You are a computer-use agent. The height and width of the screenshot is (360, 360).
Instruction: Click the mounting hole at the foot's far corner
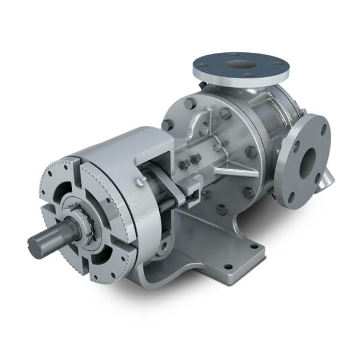point(254,245)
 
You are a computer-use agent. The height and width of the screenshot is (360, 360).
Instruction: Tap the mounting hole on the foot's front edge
point(227,267)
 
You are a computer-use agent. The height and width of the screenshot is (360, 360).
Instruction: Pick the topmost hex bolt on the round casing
point(190,102)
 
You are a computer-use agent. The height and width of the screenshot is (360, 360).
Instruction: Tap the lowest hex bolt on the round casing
point(221,210)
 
